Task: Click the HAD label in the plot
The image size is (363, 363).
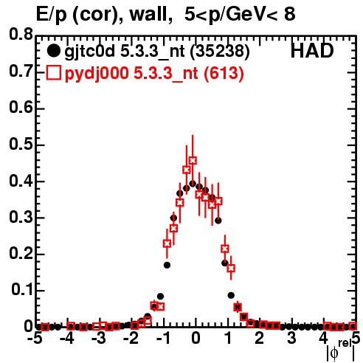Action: (x=312, y=51)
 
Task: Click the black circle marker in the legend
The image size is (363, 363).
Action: (x=53, y=51)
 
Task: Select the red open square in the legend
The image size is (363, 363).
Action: (x=53, y=72)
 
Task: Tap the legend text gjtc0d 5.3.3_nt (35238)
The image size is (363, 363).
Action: (x=157, y=52)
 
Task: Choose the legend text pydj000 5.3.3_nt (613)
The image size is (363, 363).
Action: (x=154, y=73)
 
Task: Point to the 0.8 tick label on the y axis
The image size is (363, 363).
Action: (x=21, y=34)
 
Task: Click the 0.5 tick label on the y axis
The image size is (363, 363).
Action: (x=21, y=144)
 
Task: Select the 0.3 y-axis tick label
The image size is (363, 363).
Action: (x=21, y=218)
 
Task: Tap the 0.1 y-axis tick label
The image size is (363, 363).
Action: (x=22, y=290)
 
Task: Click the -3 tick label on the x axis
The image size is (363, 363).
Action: (x=99, y=338)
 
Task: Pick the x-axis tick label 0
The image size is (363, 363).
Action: (x=196, y=338)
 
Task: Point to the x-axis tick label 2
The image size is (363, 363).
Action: (x=260, y=338)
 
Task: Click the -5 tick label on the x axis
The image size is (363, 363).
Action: (x=35, y=338)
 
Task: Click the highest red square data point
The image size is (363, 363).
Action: (x=193, y=161)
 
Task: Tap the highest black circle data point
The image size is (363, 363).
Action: (x=193, y=184)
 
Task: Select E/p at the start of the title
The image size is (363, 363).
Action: (x=52, y=15)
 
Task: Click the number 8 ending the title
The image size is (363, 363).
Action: (x=289, y=14)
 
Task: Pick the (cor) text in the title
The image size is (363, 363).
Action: (x=97, y=15)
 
